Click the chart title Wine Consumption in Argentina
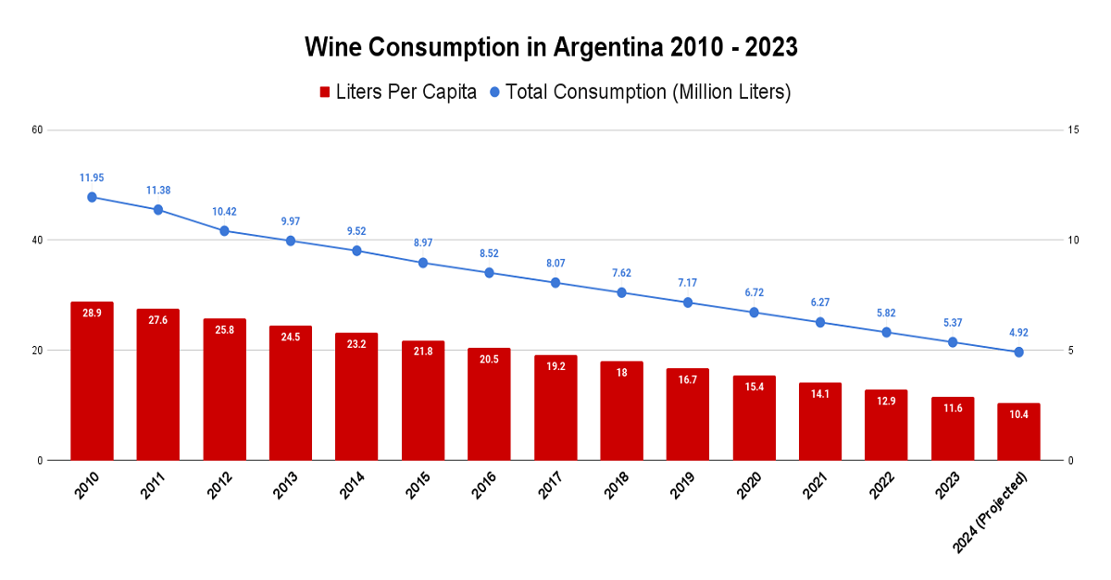[551, 47]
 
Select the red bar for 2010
[92, 381]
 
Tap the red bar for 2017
[555, 408]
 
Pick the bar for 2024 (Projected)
[1018, 432]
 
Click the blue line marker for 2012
[224, 230]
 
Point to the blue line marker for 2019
[688, 302]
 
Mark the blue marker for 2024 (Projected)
[1018, 352]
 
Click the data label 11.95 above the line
[92, 177]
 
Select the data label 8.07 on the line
[555, 263]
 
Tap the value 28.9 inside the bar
[92, 314]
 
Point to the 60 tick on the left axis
[38, 130]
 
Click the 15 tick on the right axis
[1073, 130]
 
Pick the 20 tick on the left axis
[38, 351]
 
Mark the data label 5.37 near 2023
[953, 322]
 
